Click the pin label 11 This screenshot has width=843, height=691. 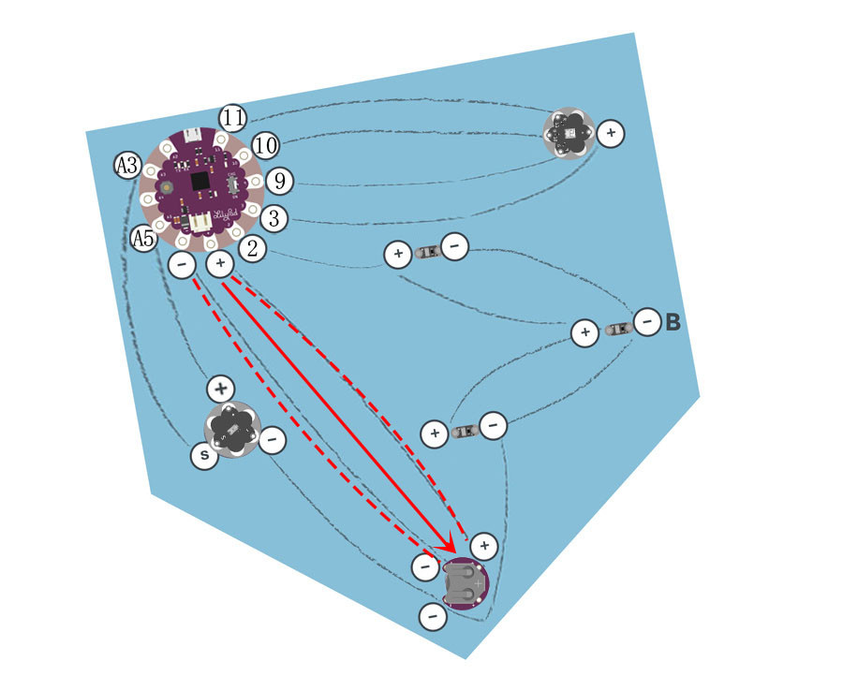click(233, 118)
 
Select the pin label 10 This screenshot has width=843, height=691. click(266, 145)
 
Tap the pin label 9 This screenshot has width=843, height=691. click(277, 180)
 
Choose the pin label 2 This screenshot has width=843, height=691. click(252, 248)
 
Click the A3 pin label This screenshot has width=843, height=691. click(127, 167)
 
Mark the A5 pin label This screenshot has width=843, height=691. click(143, 239)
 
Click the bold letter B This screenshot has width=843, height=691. click(673, 324)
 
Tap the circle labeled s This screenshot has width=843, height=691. click(203, 457)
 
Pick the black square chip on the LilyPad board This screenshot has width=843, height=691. click(200, 179)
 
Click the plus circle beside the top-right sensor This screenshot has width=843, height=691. click(611, 134)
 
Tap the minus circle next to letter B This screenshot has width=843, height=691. click(646, 323)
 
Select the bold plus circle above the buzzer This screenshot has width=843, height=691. click(220, 388)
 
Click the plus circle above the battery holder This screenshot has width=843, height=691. click(482, 545)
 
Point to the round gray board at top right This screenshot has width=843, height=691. click(569, 134)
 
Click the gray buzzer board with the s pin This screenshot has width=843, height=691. click(230, 430)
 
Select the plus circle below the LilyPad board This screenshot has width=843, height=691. click(219, 264)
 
